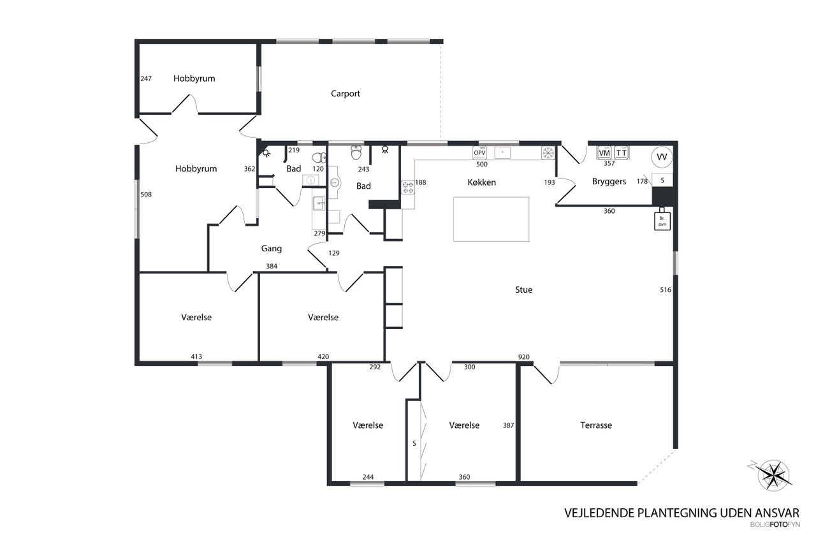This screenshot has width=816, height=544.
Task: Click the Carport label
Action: tap(346, 94)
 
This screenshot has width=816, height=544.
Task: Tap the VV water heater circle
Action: tap(662, 156)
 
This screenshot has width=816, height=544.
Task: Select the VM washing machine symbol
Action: tap(604, 153)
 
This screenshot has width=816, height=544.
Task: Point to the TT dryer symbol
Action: tap(621, 153)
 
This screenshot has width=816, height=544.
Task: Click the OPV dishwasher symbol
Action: tap(479, 153)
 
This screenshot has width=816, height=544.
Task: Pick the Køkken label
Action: tap(481, 182)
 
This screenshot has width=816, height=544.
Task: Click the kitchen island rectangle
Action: tap(491, 219)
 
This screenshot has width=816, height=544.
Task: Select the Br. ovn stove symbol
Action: tap(662, 220)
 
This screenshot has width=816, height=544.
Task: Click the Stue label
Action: tap(523, 290)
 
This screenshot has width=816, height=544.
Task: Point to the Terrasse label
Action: tap(596, 425)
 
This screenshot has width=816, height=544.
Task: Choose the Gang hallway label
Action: tap(272, 249)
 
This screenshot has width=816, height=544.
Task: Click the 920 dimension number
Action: tap(523, 357)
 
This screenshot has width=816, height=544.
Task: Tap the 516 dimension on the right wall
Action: tap(666, 290)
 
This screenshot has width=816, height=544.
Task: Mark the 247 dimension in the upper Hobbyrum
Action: tap(146, 79)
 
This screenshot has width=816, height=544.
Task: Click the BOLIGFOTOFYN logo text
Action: tap(774, 525)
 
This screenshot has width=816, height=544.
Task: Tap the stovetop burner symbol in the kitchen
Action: tap(408, 187)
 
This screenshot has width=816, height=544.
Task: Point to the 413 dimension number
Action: tap(196, 357)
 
